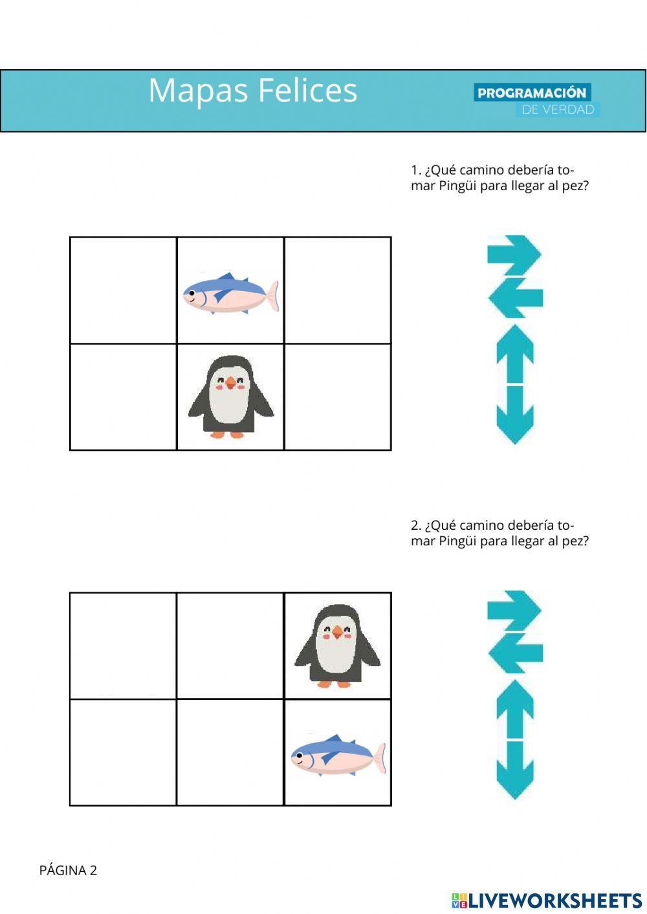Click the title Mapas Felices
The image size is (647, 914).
[x=252, y=90]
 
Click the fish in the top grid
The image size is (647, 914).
[x=230, y=293]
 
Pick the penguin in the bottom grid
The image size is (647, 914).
[x=337, y=646]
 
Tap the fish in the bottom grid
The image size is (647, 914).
[x=337, y=755]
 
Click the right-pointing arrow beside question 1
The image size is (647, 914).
[x=515, y=252]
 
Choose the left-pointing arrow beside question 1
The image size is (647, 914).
[x=515, y=298]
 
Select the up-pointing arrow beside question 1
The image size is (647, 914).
[x=515, y=353]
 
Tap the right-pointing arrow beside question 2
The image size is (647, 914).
[x=515, y=608]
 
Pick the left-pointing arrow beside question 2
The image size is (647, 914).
[x=515, y=653]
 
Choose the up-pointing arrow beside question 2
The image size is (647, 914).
[x=515, y=708]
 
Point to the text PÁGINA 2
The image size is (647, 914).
[x=68, y=870]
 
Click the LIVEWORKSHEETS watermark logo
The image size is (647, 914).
[x=547, y=900]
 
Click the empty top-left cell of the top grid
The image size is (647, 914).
[x=123, y=290]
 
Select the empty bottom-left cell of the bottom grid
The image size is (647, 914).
[x=123, y=752]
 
